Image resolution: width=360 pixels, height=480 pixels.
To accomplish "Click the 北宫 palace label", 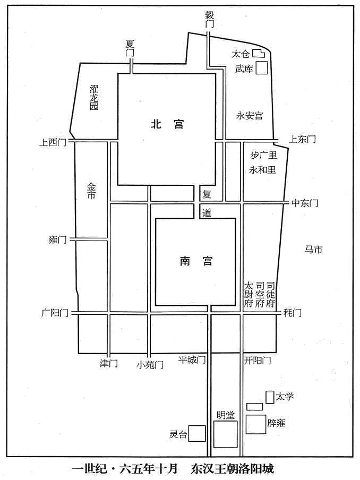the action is [167, 124].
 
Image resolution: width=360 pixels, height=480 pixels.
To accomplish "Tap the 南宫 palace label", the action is [196, 261].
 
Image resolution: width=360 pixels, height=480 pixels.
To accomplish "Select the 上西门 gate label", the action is [53, 142].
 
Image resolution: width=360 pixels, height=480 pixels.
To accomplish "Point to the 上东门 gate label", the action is [303, 139].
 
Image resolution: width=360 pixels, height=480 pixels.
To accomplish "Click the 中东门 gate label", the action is [305, 203].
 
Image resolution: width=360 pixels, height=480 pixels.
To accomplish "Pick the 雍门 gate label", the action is [57, 239].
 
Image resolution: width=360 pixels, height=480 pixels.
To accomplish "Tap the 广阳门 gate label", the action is [55, 313].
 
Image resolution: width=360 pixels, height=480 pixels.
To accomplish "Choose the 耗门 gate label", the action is [293, 313].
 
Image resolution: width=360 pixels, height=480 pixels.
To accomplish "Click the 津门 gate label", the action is [109, 363].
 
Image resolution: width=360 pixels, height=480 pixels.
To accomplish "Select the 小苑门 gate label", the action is [150, 365].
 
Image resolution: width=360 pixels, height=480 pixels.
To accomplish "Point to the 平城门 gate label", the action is [192, 359].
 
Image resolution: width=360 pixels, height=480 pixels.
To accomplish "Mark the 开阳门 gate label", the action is [258, 360].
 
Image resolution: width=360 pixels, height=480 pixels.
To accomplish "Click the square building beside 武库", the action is [262, 67].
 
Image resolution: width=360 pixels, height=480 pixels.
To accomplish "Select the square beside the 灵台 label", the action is [197, 433].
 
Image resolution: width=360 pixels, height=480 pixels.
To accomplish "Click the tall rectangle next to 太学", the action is [270, 397].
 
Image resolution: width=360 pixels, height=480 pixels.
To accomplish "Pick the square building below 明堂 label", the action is [226, 434].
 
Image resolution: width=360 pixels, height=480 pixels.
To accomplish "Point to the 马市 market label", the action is [313, 250].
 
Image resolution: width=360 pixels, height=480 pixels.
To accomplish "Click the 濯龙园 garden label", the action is [94, 98].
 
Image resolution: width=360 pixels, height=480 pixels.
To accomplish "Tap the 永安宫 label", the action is [250, 116].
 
